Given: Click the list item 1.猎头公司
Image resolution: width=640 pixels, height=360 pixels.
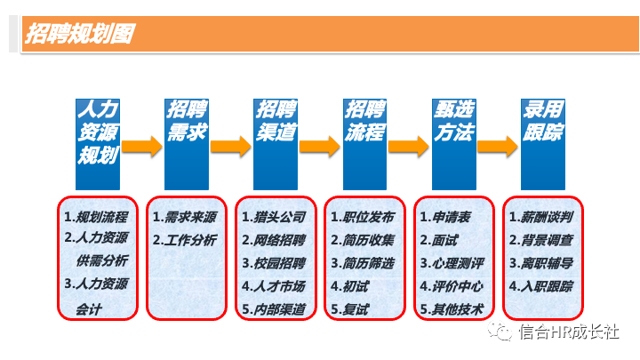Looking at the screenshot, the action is click(x=274, y=216).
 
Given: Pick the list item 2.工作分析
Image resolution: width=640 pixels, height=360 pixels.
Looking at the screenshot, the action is click(x=185, y=240).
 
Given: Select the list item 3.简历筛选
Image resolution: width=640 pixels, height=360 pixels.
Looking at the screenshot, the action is click(x=363, y=263).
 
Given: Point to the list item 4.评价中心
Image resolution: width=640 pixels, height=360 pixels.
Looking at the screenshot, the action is click(x=452, y=286).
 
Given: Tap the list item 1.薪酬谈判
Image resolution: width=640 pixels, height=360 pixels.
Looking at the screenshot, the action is click(x=540, y=216).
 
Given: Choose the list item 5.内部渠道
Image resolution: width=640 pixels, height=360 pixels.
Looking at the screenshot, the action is click(x=274, y=309).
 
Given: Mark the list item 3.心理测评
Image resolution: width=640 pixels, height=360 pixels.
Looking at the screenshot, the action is click(x=452, y=263).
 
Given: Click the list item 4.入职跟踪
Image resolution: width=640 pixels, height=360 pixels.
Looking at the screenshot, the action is click(x=540, y=286).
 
